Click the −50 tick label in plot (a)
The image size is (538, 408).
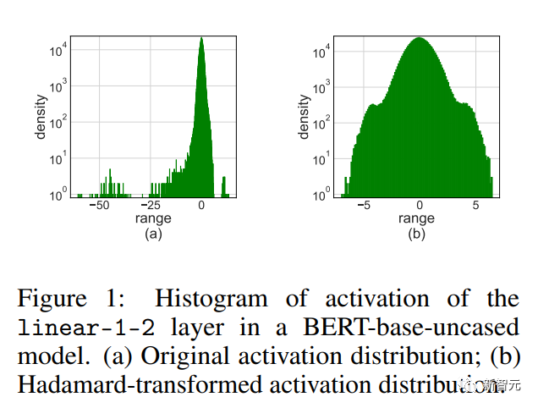99,206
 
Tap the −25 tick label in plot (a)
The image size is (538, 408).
150,206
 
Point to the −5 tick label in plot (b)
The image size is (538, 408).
363,206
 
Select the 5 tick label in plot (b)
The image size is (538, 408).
475,206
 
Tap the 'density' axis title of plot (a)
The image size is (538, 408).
40,119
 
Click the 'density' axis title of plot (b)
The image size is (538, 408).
304,119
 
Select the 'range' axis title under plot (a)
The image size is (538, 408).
153,219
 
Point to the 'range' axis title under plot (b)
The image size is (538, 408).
417,219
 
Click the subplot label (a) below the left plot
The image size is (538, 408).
153,234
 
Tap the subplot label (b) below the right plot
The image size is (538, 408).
417,234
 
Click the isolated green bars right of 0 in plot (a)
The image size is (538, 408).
224,186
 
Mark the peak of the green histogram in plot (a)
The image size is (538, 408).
200,41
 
